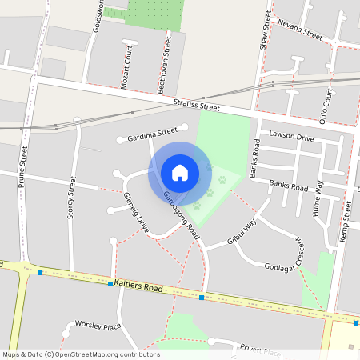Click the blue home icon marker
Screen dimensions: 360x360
click(180, 173)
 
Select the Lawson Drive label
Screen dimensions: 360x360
click(292, 137)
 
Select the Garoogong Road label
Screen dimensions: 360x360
click(181, 212)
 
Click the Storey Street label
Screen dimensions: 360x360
click(72, 198)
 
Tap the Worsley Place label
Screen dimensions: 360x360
click(97, 326)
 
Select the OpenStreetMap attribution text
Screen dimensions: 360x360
click(70, 354)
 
